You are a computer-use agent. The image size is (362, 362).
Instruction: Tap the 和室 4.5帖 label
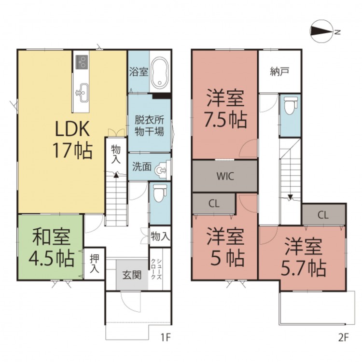pos(51,248)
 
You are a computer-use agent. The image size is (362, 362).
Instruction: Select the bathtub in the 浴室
pos(160,72)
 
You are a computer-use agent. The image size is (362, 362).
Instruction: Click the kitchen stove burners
pos(82,62)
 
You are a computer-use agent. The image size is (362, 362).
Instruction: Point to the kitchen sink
pos(82,92)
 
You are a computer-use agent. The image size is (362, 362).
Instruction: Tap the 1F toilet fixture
pos(160,191)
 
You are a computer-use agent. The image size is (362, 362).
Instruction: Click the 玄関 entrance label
pos(132,276)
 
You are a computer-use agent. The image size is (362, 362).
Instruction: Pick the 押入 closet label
pos(94,264)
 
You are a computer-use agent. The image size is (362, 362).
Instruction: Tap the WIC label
pos(225,176)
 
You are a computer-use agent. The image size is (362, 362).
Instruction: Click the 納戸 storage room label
pos(279,72)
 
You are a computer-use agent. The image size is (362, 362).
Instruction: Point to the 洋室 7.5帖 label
pos(225,109)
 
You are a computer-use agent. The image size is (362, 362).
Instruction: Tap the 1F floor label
pos(165,338)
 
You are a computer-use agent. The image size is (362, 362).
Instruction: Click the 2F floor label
pos(343,338)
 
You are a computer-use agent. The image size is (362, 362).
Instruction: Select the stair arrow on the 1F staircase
pos(116,176)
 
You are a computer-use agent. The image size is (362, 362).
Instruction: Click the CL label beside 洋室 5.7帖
pos(323,215)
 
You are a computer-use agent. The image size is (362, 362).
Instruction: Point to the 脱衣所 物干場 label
pos(149,126)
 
